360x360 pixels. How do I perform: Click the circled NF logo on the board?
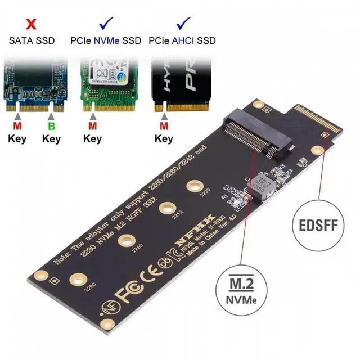107,308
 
